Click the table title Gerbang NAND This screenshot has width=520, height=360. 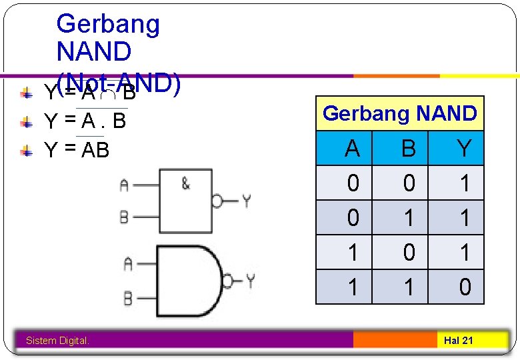(x=399, y=113)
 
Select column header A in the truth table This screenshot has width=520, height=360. (x=352, y=148)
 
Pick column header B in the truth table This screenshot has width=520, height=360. (x=408, y=148)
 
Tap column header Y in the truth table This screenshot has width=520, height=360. (x=465, y=148)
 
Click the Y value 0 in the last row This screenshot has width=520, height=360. (x=465, y=287)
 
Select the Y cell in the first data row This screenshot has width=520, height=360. (x=465, y=183)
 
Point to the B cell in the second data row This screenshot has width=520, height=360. (x=408, y=217)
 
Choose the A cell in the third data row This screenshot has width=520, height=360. (x=352, y=252)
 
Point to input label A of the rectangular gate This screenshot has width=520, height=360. (x=124, y=186)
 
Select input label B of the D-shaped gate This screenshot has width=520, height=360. (x=127, y=299)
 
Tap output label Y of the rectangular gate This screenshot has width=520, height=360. (x=246, y=200)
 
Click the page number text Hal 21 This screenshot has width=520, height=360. (x=458, y=341)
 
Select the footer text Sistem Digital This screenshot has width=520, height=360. (x=57, y=341)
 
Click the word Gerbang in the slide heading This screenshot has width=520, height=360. (x=108, y=24)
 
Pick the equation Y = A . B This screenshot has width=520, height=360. (x=85, y=121)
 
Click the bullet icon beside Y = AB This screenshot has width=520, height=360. (x=25, y=151)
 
